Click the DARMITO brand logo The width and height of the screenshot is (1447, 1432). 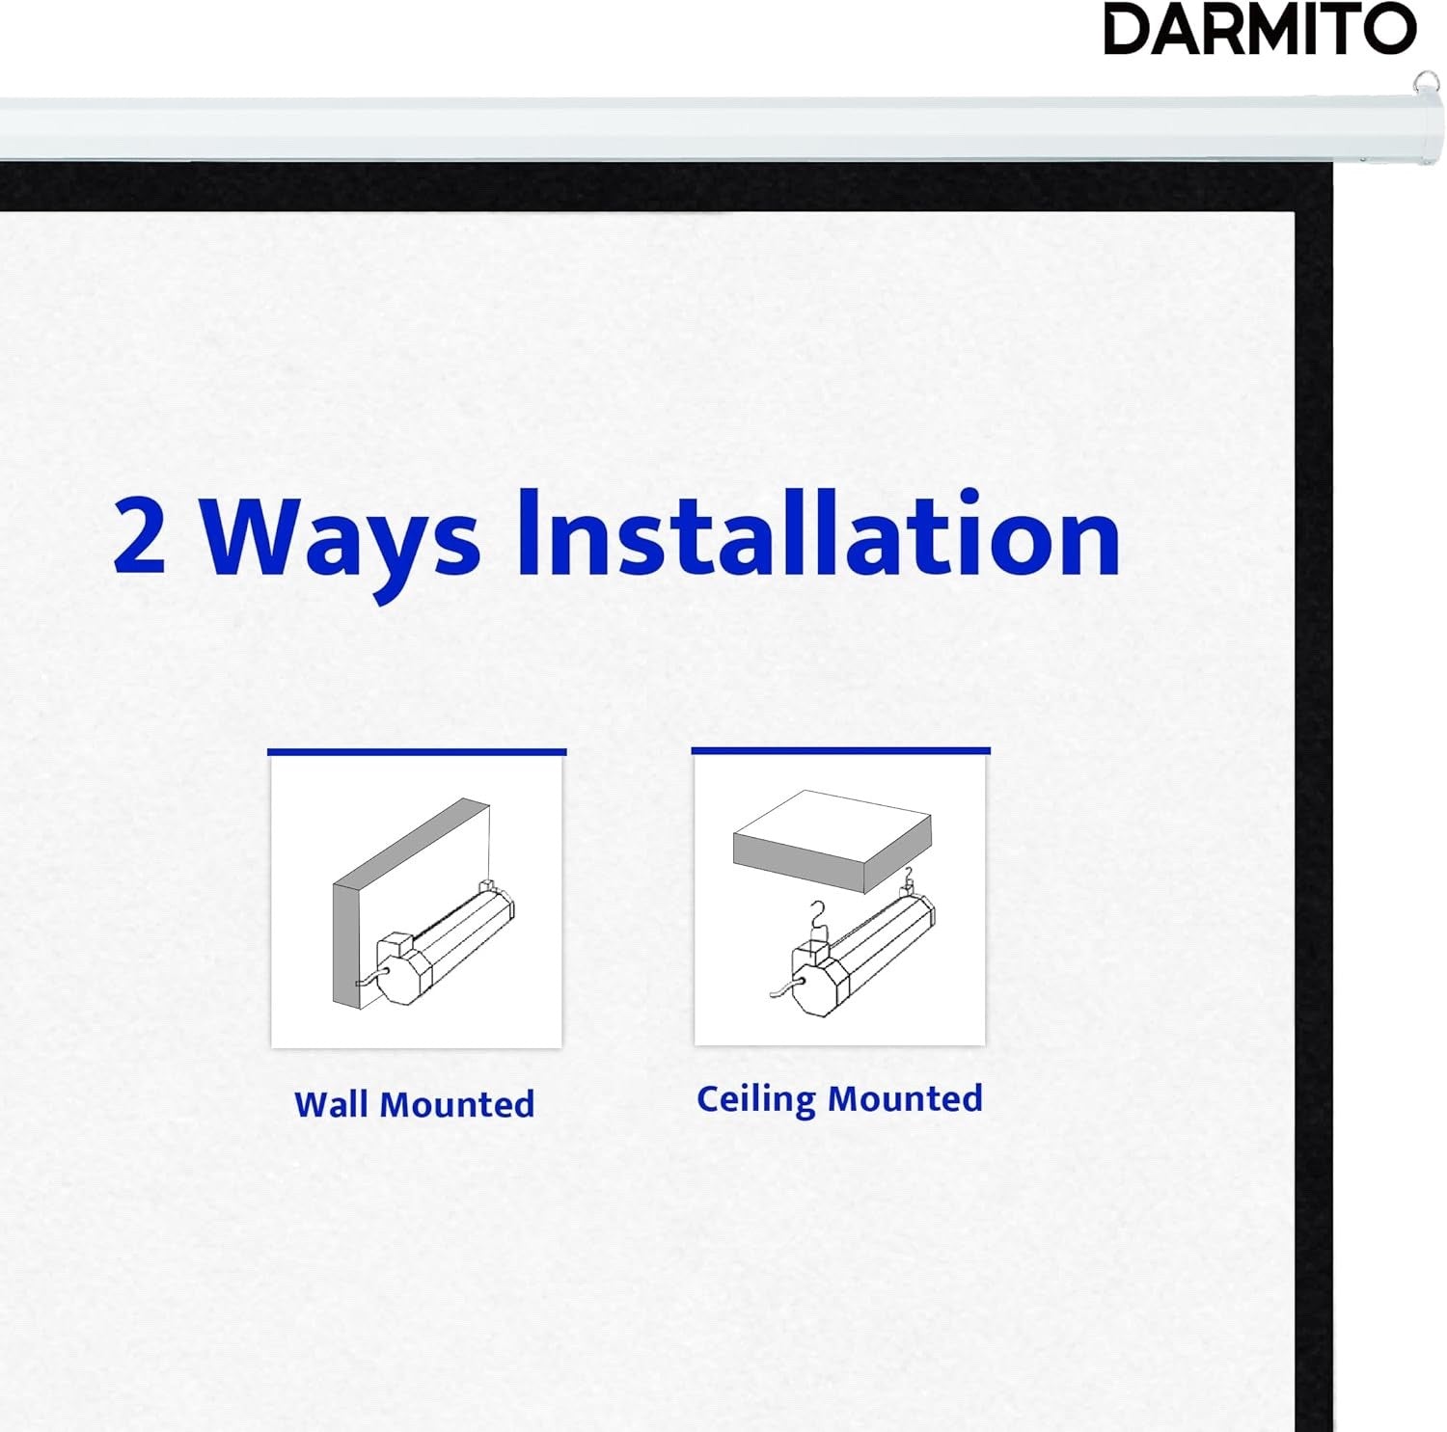1260,30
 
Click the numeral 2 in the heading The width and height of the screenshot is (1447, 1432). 139,536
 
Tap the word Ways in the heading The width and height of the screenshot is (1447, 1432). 340,540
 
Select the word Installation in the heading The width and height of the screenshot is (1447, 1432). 818,534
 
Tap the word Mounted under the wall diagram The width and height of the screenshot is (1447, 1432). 457,1104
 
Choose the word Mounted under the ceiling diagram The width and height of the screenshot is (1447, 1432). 905,1098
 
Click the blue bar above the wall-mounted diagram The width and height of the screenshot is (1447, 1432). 417,751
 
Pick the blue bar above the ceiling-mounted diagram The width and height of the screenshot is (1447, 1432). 840,749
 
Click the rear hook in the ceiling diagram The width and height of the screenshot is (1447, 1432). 907,878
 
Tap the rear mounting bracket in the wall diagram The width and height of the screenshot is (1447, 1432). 487,885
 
